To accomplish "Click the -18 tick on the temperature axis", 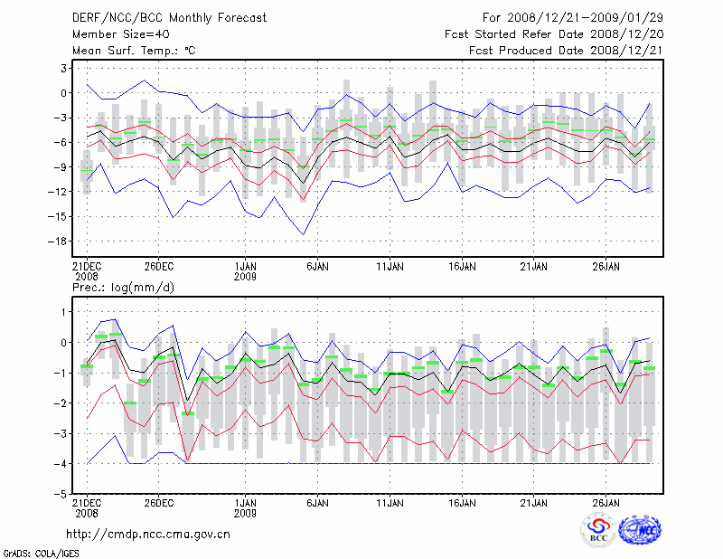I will click(59, 241).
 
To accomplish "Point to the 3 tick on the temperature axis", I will click(64, 68).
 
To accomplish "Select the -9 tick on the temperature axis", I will click(61, 166).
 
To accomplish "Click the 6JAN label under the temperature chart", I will click(317, 267).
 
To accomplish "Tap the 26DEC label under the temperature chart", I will click(159, 267).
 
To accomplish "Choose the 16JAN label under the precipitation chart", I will click(463, 502).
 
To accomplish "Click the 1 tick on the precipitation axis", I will click(64, 311).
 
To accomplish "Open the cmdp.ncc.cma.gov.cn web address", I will click(149, 534).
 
